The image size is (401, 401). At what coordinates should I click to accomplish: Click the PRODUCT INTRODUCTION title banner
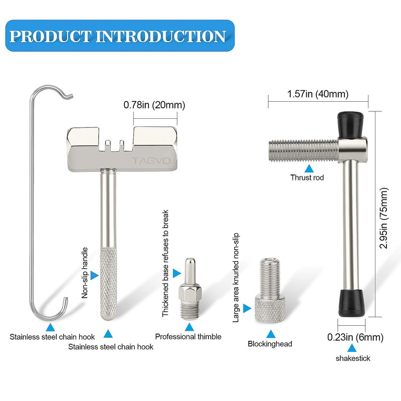[120, 36]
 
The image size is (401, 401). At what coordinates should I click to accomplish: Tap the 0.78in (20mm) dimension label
[154, 105]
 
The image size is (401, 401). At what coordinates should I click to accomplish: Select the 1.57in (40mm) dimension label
[318, 94]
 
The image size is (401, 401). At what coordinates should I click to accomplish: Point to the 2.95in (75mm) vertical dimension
[384, 218]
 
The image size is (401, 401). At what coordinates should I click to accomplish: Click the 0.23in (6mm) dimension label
[355, 337]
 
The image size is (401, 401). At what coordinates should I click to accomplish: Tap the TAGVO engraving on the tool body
[151, 161]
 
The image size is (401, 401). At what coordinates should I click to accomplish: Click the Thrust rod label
[307, 177]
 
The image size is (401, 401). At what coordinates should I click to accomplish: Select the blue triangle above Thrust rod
[309, 168]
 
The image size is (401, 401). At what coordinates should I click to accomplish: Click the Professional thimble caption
[188, 336]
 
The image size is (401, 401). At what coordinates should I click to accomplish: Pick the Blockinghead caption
[270, 344]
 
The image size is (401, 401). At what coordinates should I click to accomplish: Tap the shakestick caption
[353, 358]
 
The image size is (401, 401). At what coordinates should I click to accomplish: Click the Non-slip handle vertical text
[85, 273]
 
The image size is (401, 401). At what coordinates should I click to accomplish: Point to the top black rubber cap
[350, 124]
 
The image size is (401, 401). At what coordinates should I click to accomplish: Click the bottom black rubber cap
[352, 304]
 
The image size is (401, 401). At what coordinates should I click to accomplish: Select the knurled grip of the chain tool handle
[108, 284]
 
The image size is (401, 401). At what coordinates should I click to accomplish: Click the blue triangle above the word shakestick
[352, 348]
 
